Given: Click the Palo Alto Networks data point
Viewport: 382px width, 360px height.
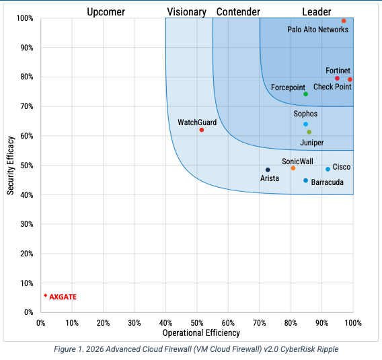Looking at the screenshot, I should [x=344, y=21].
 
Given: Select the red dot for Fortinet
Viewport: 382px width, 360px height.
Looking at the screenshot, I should [x=338, y=79].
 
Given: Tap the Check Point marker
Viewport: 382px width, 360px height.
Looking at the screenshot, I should [x=350, y=79].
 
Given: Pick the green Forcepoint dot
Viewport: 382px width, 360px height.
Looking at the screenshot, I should [x=305, y=94].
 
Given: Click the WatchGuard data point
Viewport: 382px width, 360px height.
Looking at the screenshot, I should [x=202, y=130].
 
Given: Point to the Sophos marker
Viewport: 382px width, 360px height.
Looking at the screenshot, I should [x=305, y=124].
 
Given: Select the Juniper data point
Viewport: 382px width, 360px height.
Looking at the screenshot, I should [x=309, y=132].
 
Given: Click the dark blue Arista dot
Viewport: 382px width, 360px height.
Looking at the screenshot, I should [x=268, y=170].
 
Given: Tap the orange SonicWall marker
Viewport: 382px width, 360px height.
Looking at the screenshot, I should [x=293, y=168].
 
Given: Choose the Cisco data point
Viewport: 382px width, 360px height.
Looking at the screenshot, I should [x=328, y=169].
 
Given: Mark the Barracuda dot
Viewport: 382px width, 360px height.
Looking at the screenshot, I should [x=305, y=180].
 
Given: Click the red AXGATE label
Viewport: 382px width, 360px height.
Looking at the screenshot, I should [x=61, y=296].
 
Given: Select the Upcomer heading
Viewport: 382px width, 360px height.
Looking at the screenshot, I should [x=106, y=11].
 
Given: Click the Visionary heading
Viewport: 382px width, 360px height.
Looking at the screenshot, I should [x=186, y=11].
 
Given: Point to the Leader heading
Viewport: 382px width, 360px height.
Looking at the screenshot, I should [x=316, y=11].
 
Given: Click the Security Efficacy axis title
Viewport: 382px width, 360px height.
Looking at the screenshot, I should [x=11, y=165].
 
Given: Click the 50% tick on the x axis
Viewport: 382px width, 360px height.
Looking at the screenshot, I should [x=197, y=322].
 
